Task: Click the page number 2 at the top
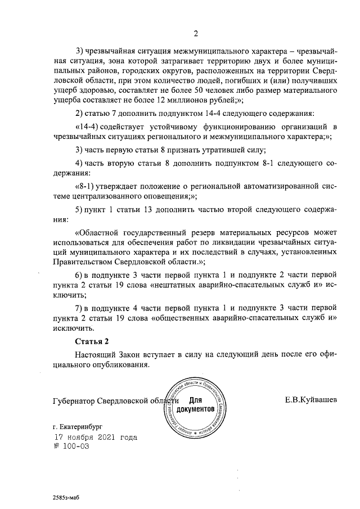click(196, 33)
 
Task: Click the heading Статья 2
click(91, 342)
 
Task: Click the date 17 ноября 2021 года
click(95, 437)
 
